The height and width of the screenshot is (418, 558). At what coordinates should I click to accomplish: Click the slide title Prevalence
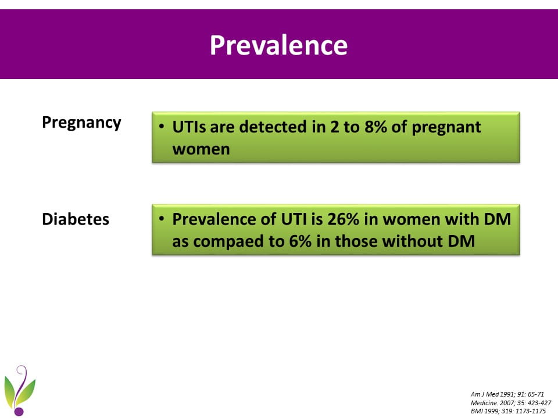click(x=278, y=45)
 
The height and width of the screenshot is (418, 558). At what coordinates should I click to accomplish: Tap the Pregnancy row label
click(x=81, y=123)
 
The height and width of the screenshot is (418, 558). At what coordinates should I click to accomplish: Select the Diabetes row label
click(x=76, y=219)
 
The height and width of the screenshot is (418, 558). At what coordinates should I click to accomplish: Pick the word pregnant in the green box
click(x=446, y=127)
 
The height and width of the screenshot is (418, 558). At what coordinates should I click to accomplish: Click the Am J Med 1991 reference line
click(x=507, y=394)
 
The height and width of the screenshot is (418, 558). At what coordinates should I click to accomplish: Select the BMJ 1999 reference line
click(x=508, y=410)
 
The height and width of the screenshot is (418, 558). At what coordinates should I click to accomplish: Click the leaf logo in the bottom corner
click(x=20, y=390)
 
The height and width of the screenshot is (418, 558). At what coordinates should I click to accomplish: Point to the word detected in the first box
click(x=273, y=127)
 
